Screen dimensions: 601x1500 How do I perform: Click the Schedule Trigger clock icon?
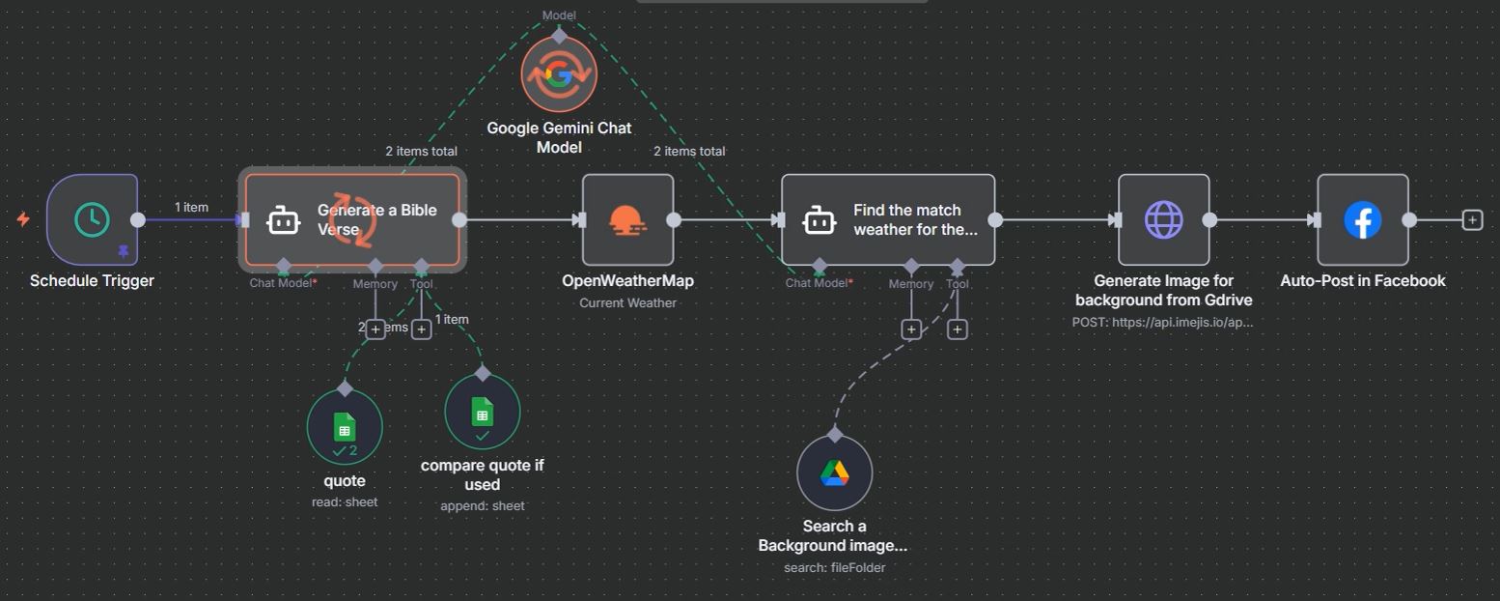point(93,219)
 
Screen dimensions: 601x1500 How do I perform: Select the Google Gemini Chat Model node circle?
point(559,75)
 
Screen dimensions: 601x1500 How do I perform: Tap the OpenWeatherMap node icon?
point(627,220)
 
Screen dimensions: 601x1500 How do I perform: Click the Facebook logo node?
point(1362,220)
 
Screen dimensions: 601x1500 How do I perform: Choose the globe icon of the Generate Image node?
point(1163,220)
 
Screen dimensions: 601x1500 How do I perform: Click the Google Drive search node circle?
point(834,473)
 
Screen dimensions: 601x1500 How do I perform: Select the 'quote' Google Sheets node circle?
point(345,426)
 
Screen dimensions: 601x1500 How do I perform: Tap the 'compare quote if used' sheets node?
point(482,413)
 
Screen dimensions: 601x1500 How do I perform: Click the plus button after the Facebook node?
point(1472,220)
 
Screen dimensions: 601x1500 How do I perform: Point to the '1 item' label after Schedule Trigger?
point(191,208)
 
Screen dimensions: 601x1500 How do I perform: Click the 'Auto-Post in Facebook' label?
point(1362,281)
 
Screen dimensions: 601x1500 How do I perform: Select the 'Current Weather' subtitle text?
point(627,303)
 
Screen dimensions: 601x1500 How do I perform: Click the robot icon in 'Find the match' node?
point(819,220)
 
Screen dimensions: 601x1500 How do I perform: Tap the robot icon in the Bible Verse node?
point(283,220)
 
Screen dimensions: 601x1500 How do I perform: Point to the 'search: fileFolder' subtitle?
point(834,567)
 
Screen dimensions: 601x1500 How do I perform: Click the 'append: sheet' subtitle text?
point(482,505)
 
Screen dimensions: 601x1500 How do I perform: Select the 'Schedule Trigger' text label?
point(92,281)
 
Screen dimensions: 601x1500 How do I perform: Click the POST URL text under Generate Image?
point(1162,322)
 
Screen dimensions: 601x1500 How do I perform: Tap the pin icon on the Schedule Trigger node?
point(123,251)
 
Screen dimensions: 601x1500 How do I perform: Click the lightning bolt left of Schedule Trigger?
point(23,219)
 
